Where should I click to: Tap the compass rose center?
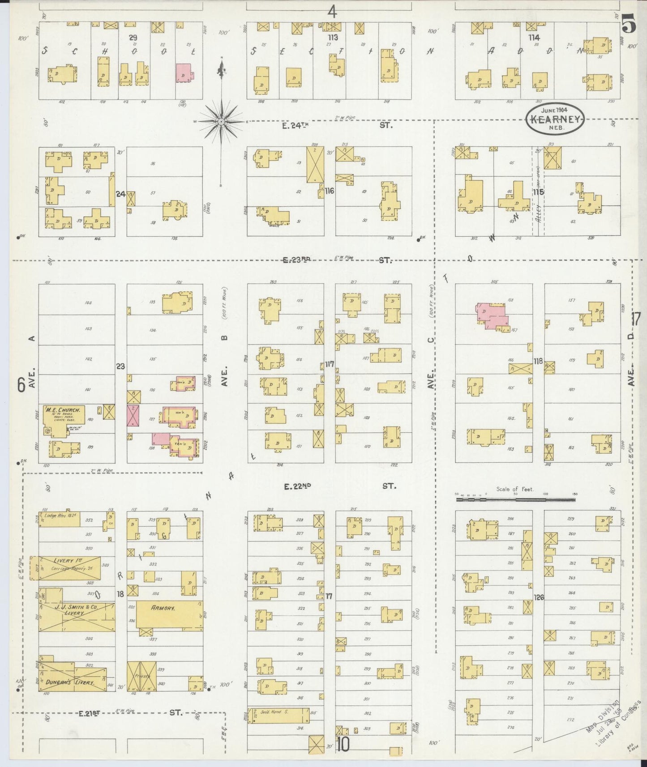pos(221,121)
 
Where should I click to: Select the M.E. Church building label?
pos(63,409)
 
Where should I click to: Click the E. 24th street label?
pos(296,126)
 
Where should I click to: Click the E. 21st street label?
pos(88,713)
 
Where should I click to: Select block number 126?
pos(539,597)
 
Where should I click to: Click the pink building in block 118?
pos(493,316)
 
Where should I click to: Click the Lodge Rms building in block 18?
pos(60,520)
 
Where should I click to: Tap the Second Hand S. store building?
pos(279,715)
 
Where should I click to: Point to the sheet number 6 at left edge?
pos(21,385)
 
